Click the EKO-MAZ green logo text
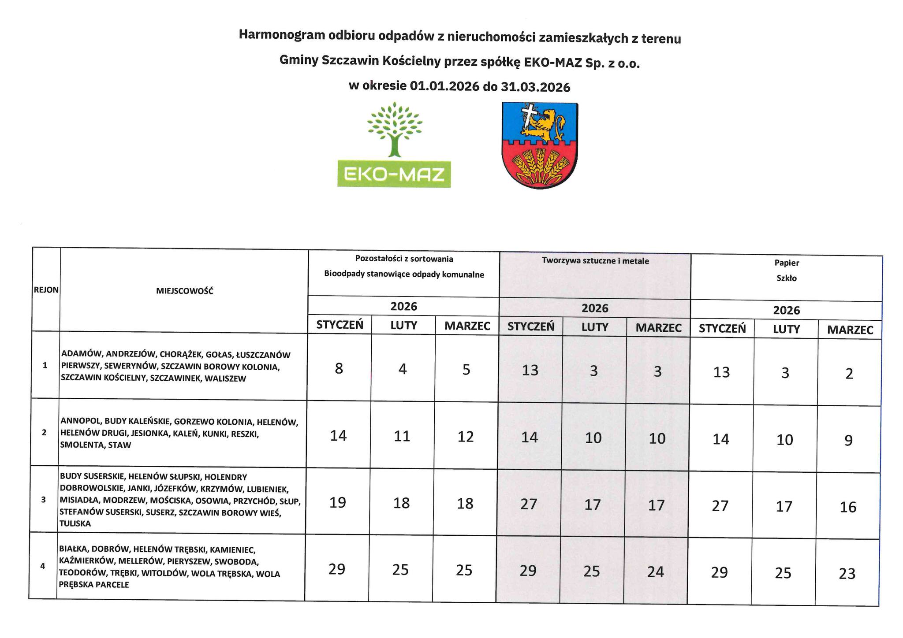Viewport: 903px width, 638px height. (x=394, y=175)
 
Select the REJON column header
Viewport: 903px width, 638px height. (x=46, y=290)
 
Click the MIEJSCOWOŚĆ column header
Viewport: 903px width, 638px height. (x=185, y=291)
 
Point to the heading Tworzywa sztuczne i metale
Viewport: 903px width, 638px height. (x=595, y=261)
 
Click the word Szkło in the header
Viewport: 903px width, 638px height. (x=787, y=278)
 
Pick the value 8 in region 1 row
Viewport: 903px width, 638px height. (x=339, y=368)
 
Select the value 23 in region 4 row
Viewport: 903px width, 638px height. (x=847, y=574)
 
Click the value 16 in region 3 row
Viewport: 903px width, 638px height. (x=848, y=507)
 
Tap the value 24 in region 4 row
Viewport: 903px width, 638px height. (x=656, y=572)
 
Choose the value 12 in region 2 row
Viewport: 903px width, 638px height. (x=466, y=437)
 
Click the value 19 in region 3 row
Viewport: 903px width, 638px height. (x=338, y=503)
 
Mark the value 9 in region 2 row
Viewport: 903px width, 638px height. (x=849, y=441)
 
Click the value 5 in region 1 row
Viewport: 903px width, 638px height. (x=466, y=370)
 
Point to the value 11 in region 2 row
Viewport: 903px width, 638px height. (x=402, y=436)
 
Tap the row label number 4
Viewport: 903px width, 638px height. (x=43, y=566)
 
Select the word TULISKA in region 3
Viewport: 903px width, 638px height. (x=75, y=523)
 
